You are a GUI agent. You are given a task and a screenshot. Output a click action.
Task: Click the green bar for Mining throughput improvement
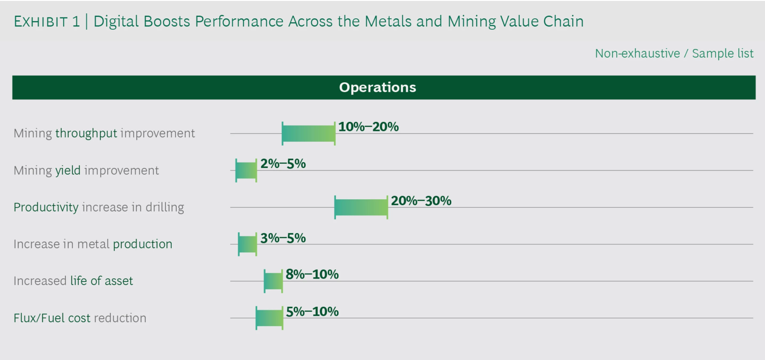coord(309,133)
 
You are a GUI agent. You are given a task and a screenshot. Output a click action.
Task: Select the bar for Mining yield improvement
coord(246,170)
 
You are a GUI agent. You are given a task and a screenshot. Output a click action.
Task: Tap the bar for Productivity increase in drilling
coord(361,207)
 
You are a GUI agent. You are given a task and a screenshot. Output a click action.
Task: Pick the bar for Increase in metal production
coord(248,244)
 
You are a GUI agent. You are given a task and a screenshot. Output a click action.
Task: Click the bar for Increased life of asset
coord(273,281)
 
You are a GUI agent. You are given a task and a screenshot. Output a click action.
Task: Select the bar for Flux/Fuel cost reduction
coord(269,318)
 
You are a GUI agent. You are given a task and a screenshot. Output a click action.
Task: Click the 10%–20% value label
coord(368,127)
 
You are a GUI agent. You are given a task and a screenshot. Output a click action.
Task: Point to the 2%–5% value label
coord(283,164)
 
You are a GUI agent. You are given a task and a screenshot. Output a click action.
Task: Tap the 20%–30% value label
coord(421,201)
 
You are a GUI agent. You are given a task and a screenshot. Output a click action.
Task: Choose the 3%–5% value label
coord(283,238)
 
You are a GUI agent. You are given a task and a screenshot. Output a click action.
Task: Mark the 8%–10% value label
coord(312,275)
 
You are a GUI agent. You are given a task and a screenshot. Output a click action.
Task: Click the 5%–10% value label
coord(312,312)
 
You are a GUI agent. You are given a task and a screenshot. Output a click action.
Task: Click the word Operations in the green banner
coord(378,87)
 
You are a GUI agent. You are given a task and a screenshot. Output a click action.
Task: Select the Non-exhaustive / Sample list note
coord(674,53)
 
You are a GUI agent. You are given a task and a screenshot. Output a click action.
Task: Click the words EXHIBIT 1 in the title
coord(47,22)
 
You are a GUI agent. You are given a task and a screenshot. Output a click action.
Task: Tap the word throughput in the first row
coord(86,133)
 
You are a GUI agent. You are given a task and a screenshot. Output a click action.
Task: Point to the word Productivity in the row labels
coord(46,207)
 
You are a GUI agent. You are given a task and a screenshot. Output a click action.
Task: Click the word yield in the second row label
coord(68,170)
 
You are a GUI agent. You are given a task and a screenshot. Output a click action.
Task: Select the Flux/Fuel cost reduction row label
coord(80,318)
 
